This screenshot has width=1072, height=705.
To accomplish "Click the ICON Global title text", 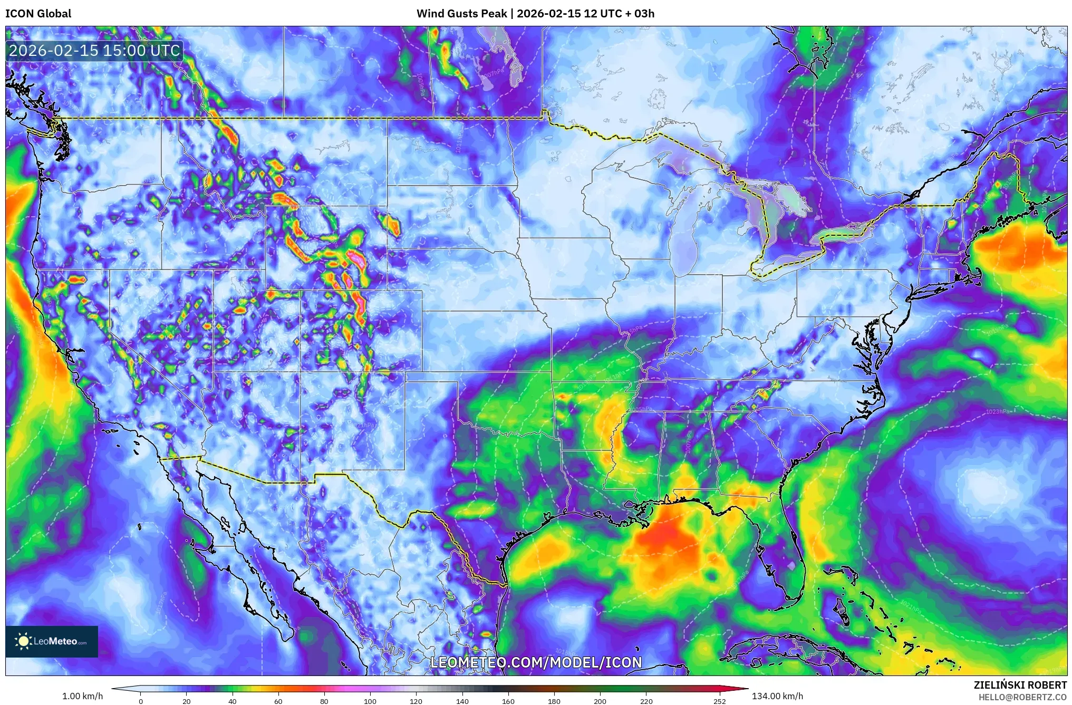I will pos(38,14).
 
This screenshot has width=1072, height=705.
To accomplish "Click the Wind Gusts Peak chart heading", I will pos(535,14).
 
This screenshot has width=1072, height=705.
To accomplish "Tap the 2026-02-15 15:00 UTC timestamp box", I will pos(94,51).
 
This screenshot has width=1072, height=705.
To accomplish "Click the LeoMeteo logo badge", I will pos(52,641).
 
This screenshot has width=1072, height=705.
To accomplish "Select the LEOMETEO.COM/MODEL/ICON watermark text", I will pos(536,662).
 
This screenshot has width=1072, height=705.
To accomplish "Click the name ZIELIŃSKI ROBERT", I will pos(1020,685).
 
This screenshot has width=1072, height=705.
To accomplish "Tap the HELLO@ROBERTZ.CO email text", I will pos(1022,697).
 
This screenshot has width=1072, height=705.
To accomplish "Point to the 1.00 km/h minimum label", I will pos(82,696).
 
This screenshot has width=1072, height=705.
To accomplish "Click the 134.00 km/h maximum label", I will pos(777,696).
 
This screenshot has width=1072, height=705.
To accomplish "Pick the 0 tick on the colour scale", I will pos(140,701).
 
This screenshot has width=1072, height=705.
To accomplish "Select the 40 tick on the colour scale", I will pos(232,701).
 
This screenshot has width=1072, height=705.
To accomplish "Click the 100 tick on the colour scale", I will pos(370,701).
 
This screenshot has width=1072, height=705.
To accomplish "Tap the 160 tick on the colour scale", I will pos(508,701).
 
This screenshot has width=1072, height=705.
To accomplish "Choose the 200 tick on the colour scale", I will pos(600,701).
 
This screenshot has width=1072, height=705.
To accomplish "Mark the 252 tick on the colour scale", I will pos(720,701).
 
